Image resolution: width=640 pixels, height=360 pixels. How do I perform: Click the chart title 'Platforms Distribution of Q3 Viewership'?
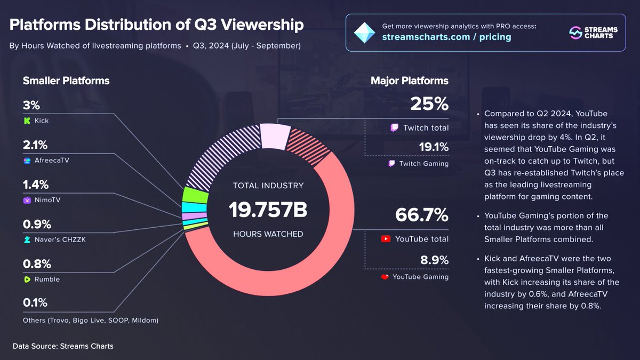pos(157,25)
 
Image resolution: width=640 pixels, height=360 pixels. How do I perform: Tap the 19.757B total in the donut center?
pos(268,210)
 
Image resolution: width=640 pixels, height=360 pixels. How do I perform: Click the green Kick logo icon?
pos(27,121)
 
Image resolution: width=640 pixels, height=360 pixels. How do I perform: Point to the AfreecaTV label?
pos(52,160)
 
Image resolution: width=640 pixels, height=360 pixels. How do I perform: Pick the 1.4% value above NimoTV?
pos(36,185)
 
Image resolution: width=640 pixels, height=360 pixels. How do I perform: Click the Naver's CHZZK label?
pos(60,239)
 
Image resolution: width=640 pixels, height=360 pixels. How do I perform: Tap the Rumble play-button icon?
pos(27,279)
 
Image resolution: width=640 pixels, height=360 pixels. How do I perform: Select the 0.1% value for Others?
pos(35,302)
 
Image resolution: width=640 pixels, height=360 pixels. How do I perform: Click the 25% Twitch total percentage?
pos(429,104)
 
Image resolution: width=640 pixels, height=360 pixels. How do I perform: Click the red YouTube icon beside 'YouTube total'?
pos(386,239)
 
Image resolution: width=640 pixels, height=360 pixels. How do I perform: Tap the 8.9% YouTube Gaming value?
pos(433,260)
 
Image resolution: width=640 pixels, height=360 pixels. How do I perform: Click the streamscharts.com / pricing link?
pos(446,37)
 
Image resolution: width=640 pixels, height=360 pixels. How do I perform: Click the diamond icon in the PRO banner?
pos(365,33)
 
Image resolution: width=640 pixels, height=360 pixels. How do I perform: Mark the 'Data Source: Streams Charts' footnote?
pos(63,346)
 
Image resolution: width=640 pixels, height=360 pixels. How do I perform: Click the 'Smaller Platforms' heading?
pos(66,81)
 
